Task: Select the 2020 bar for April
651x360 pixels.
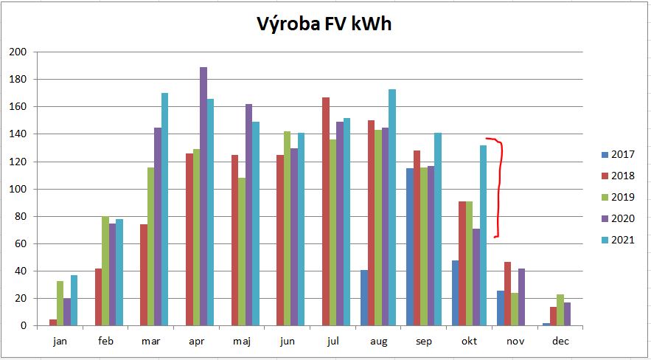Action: [203, 196]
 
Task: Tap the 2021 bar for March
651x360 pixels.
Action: [165, 210]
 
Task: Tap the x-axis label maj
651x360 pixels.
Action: [242, 342]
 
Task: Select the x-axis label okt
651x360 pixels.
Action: [470, 342]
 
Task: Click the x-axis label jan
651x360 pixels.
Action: [60, 342]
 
